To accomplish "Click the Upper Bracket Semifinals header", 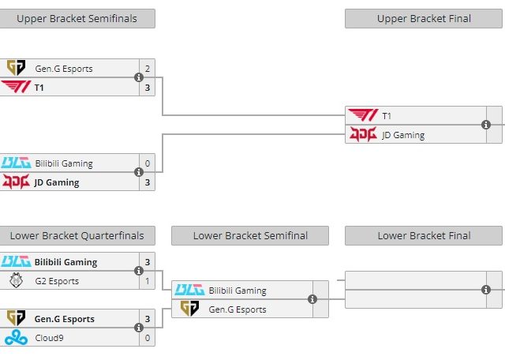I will tap(77, 18).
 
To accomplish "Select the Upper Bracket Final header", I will tap(424, 18).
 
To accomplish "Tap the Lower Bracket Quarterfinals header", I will tap(77, 235).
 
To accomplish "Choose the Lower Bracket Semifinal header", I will tap(250, 235).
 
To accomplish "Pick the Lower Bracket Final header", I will tap(424, 235).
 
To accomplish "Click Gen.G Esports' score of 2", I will tap(147, 69).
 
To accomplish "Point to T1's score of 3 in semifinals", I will tap(147, 88).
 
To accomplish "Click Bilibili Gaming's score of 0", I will tap(147, 164).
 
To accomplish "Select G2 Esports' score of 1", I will tap(147, 281).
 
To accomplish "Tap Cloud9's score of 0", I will tap(147, 338).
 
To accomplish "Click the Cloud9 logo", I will tap(15, 338).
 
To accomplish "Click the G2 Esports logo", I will tap(15, 281).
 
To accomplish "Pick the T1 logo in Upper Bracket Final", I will tap(362, 116).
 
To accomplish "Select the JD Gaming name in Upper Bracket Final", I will tap(403, 135).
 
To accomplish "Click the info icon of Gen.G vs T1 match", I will tap(139, 77).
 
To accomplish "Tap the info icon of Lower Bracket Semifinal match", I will tap(312, 299).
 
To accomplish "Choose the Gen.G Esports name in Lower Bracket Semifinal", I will tap(238, 309).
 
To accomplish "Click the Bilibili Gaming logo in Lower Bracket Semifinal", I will tap(189, 291).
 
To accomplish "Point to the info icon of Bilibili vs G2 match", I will tap(139, 271).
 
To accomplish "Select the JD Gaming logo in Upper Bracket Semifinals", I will tap(15, 182).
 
